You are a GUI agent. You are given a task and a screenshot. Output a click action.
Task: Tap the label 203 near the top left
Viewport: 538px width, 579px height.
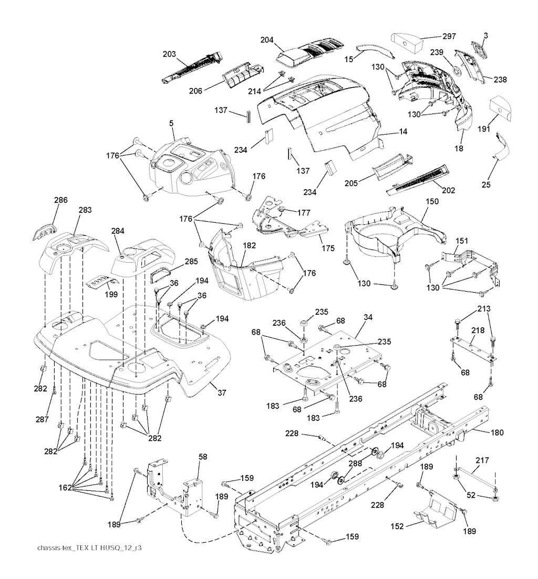[169, 54]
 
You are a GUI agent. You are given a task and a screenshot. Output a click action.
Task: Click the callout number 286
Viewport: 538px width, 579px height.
[61, 200]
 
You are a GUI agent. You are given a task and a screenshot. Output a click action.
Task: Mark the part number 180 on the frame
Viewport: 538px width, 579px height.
[496, 433]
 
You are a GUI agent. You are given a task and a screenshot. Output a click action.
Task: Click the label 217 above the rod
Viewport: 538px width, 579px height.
[482, 461]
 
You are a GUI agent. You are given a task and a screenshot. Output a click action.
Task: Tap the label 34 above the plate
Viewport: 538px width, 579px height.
[368, 317]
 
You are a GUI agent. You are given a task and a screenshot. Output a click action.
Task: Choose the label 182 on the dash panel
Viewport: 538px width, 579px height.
[250, 246]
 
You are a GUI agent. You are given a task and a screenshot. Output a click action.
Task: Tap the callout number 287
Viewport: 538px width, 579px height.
[43, 419]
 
